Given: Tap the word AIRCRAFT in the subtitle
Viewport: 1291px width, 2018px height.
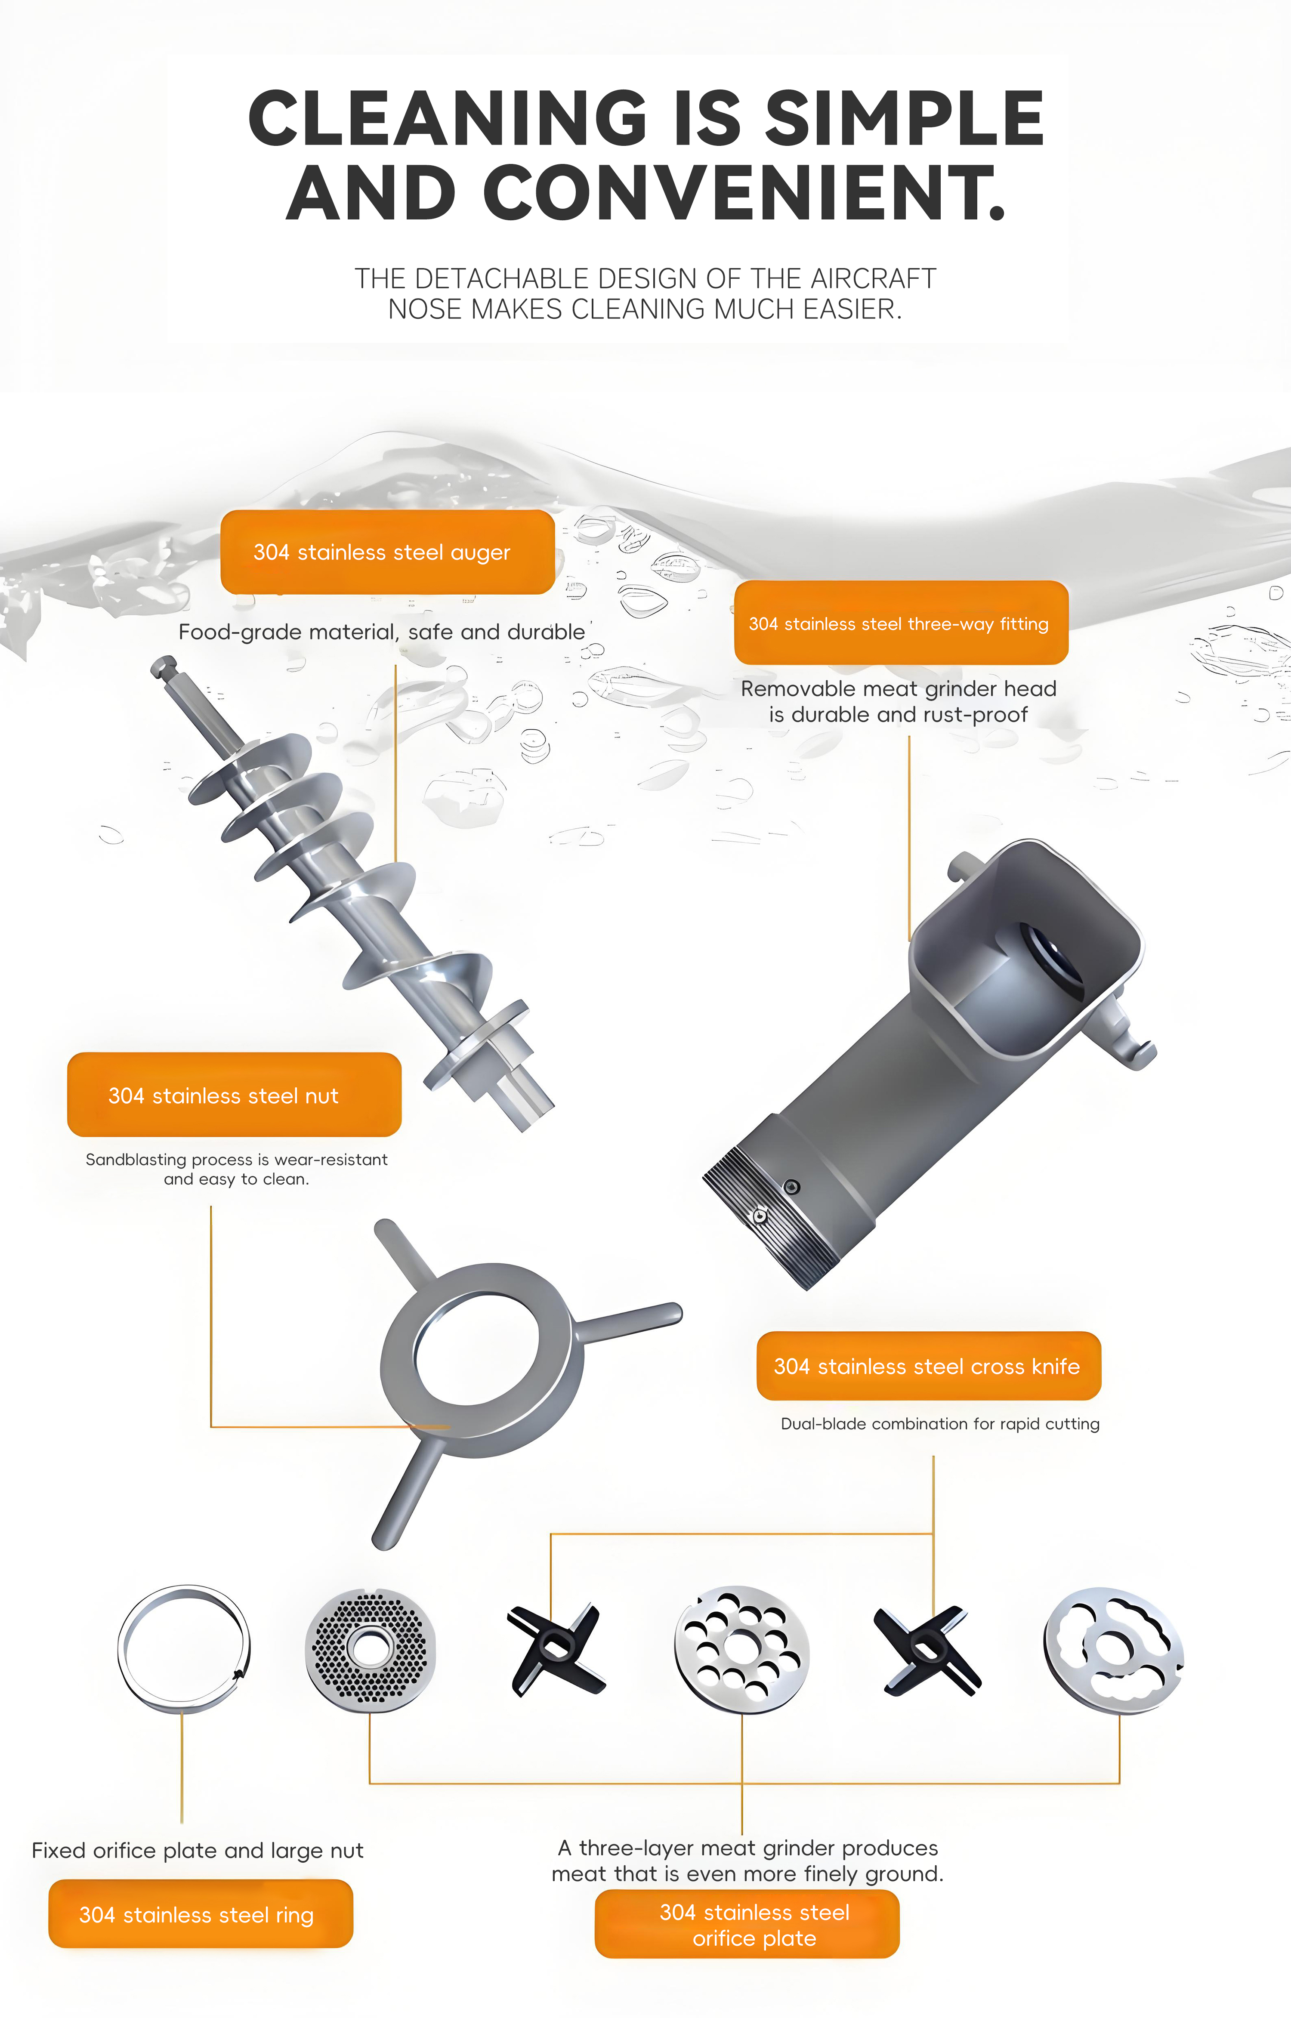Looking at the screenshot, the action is click(x=874, y=278).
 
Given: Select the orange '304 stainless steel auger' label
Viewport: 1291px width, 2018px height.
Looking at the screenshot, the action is click(x=387, y=552).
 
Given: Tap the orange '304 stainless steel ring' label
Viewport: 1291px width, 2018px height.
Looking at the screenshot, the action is click(x=201, y=1914).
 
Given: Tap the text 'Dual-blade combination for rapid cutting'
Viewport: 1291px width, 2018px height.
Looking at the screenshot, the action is click(x=940, y=1424).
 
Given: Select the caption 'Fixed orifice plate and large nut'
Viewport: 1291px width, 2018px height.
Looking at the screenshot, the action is click(x=198, y=1850).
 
